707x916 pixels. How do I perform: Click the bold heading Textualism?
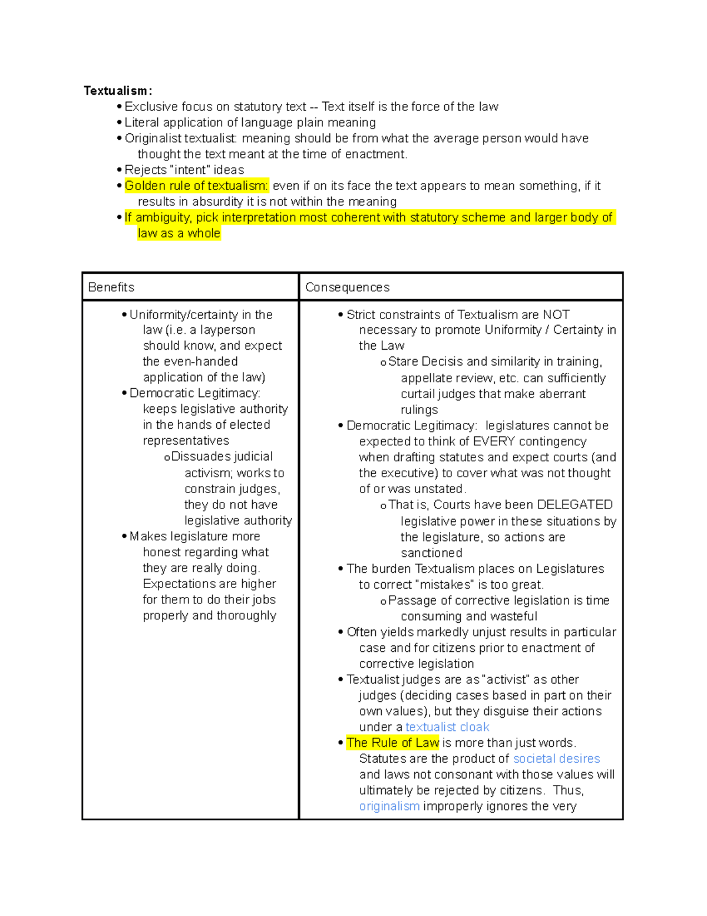click(118, 91)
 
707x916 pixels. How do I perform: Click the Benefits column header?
click(111, 287)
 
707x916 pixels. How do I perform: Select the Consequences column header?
click(347, 287)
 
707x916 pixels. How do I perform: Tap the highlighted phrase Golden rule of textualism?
click(196, 186)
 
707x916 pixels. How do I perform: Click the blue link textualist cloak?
click(447, 727)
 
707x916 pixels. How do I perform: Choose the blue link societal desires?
click(556, 759)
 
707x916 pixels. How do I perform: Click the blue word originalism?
click(389, 806)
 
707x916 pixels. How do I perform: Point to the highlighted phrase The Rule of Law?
click(392, 743)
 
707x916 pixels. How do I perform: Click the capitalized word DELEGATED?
click(574, 505)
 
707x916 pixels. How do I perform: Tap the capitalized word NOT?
click(556, 315)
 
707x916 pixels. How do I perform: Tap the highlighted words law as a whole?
click(179, 234)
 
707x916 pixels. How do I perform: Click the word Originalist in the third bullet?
click(152, 139)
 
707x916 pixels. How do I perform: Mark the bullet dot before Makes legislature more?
click(124, 537)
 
